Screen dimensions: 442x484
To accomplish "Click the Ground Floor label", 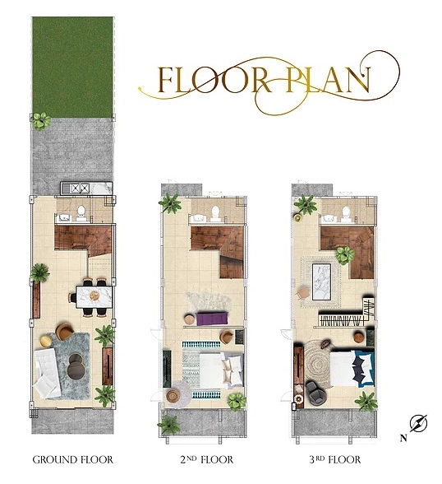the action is click(x=72, y=459).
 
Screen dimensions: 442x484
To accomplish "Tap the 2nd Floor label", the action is click(x=206, y=459).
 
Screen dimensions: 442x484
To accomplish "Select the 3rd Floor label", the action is click(x=335, y=459).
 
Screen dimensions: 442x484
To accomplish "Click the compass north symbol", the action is click(x=418, y=423).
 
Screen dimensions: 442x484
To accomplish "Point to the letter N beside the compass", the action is click(x=403, y=438).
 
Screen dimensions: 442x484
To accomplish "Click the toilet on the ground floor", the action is click(x=81, y=212).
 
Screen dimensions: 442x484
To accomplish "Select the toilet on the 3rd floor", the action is click(x=346, y=213).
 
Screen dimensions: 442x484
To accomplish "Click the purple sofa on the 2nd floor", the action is click(x=212, y=319).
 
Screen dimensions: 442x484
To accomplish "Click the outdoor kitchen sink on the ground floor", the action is click(x=75, y=188).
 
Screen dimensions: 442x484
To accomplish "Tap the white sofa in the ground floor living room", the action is click(x=47, y=373).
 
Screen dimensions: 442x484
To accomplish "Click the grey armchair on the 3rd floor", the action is click(x=315, y=393).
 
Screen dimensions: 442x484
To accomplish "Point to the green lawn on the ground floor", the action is click(x=72, y=67).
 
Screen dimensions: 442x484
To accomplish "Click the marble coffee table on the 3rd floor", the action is click(x=321, y=282).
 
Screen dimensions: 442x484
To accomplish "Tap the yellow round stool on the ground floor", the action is click(x=46, y=341).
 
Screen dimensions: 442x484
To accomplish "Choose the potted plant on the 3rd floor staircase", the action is click(x=345, y=255).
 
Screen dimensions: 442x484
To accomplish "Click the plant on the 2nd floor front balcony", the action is click(x=168, y=425).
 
